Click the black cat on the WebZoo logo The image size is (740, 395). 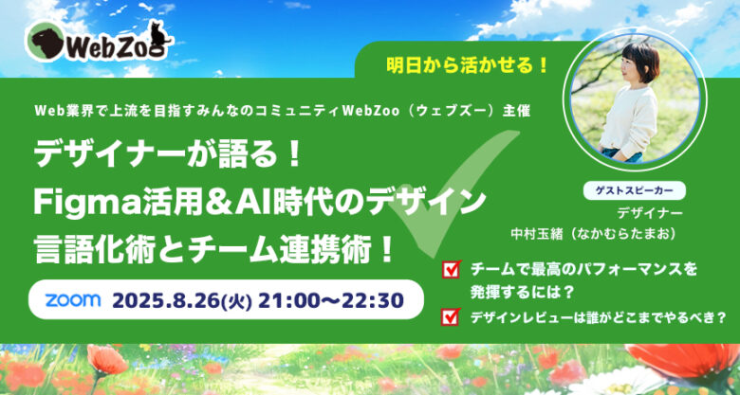158,35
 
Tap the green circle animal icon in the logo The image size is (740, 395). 45,42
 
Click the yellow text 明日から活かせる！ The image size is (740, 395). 467,65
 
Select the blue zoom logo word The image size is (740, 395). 73,299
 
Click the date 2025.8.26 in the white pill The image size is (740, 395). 167,300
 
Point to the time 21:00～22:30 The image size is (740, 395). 331,300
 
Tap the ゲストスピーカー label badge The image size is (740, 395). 635,190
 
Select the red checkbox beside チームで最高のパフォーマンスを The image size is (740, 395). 451,270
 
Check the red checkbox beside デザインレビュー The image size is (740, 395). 451,316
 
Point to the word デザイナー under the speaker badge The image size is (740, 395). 650,213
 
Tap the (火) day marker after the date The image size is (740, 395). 238,301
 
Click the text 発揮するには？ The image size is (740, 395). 522,293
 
